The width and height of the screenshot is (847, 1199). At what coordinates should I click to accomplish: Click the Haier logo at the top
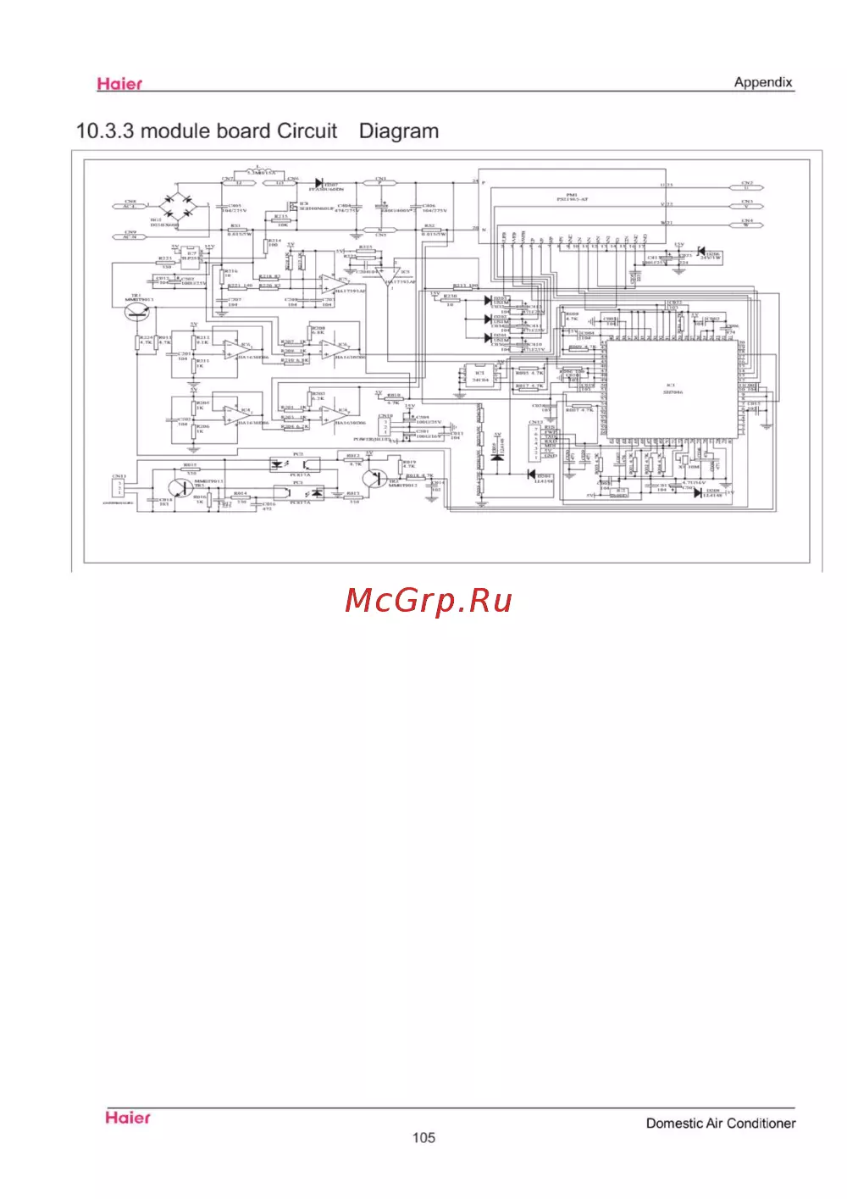tap(119, 83)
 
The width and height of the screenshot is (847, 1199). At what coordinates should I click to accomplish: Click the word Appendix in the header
tap(763, 82)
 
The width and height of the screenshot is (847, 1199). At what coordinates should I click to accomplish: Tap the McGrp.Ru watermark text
tap(429, 601)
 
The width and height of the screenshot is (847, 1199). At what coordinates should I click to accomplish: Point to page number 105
tap(423, 1137)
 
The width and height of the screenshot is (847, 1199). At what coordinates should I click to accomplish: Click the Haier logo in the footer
tap(128, 1118)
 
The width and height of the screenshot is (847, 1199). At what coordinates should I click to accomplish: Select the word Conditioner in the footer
tap(761, 1123)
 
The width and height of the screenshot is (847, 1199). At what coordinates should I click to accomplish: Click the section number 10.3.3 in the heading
tap(105, 131)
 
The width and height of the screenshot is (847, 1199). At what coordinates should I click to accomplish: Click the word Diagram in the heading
tap(399, 131)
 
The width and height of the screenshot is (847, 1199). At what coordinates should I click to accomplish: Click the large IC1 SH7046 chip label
tap(672, 388)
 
